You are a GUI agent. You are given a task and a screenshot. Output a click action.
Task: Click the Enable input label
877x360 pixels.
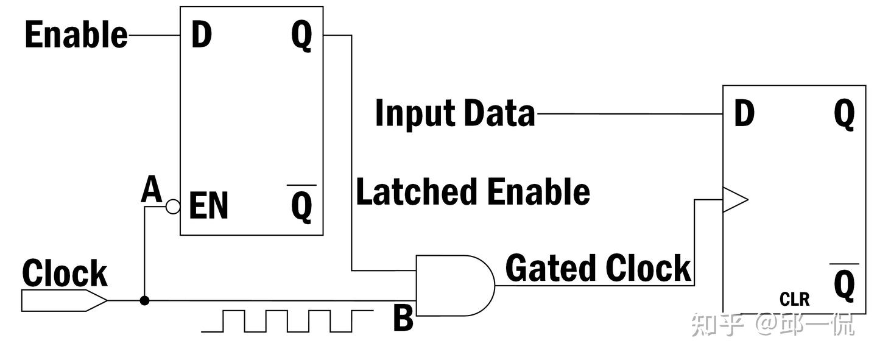point(76,35)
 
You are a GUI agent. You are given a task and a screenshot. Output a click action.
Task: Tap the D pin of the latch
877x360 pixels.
point(202,35)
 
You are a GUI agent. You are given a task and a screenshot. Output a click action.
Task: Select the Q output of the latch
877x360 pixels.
point(302,36)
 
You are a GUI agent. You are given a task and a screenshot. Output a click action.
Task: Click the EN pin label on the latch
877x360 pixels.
point(208,205)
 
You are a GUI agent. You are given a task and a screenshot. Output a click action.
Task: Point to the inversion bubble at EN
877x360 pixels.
point(173,206)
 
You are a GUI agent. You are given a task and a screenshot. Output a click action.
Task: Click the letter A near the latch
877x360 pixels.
point(152,189)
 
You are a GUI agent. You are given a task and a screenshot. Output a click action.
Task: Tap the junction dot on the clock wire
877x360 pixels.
point(144,300)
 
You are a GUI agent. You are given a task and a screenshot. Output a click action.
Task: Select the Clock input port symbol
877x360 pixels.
point(64,300)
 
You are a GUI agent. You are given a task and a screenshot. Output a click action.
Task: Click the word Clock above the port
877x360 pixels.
point(65,273)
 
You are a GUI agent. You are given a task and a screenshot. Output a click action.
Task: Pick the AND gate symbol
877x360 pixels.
point(456,286)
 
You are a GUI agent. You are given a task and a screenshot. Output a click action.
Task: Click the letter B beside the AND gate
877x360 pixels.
point(403,318)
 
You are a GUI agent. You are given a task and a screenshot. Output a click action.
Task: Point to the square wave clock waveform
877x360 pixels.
point(287,321)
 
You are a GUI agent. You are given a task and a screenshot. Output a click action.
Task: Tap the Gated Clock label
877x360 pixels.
point(598,269)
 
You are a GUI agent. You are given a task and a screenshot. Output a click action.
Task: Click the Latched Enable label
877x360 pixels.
point(473,191)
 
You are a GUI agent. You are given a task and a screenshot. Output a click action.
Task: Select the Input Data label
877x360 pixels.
point(455,113)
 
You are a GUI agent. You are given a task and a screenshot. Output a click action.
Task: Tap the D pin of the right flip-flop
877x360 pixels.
point(744,113)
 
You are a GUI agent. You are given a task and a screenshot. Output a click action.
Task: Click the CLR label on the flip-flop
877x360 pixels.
point(794,300)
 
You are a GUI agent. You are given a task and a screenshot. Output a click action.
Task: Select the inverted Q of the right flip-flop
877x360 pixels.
point(844,283)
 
